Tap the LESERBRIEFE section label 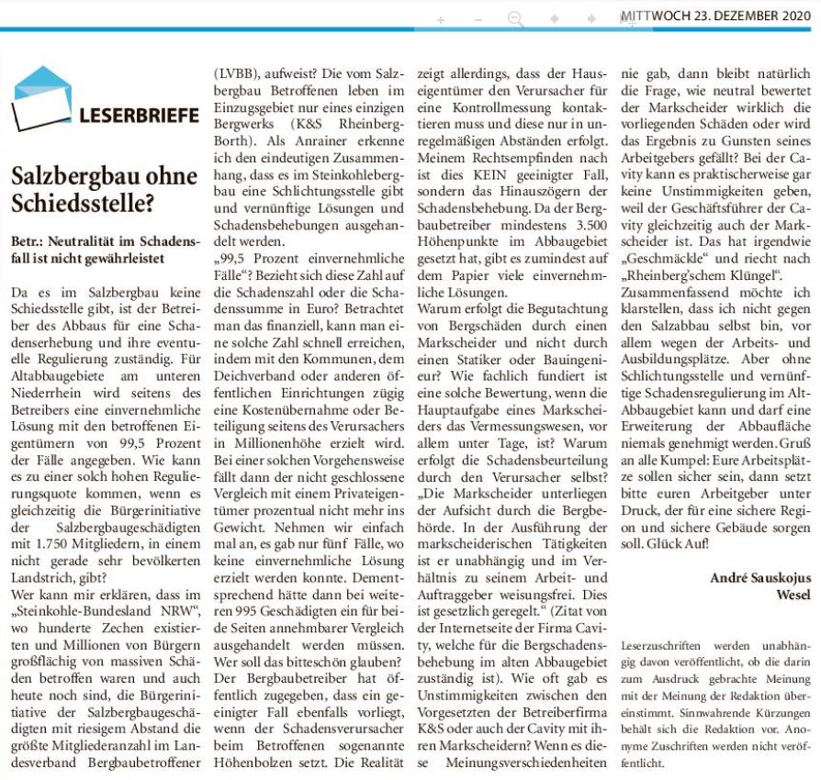click(139, 117)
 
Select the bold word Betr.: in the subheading click(30, 240)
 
